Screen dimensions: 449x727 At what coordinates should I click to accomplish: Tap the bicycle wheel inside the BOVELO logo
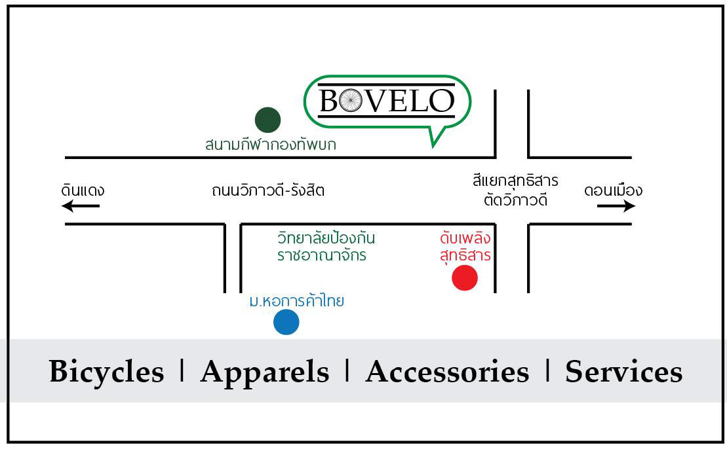click(x=350, y=101)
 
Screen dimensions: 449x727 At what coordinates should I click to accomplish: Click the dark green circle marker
click(x=267, y=120)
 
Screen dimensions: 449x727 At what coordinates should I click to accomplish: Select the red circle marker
click(x=465, y=278)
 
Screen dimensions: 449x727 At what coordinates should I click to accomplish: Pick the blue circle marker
click(x=286, y=322)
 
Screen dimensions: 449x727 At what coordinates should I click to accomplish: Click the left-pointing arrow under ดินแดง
click(x=81, y=206)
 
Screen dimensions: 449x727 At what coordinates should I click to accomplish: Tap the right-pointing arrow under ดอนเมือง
click(x=616, y=206)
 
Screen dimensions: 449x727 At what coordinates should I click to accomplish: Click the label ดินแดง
click(x=83, y=190)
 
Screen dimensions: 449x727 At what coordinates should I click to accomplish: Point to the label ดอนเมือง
click(x=613, y=190)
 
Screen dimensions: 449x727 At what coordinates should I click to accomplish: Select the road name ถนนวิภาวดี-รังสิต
click(x=268, y=191)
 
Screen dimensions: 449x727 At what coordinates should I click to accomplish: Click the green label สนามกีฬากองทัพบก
click(x=270, y=145)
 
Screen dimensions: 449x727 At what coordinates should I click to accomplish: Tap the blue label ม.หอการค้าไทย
click(x=297, y=302)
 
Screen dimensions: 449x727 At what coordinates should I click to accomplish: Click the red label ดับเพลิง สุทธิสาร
click(x=465, y=246)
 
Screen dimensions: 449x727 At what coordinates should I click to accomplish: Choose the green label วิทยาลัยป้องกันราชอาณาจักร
click(x=326, y=246)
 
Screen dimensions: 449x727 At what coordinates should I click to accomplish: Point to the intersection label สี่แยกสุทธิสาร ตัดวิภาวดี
click(x=515, y=190)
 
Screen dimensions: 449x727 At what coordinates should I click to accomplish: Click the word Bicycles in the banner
click(x=106, y=372)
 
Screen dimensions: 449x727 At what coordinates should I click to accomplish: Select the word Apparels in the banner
click(x=265, y=372)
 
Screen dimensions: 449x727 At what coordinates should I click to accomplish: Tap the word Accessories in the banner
click(x=447, y=372)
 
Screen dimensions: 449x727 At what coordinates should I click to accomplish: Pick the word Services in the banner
click(x=623, y=372)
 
